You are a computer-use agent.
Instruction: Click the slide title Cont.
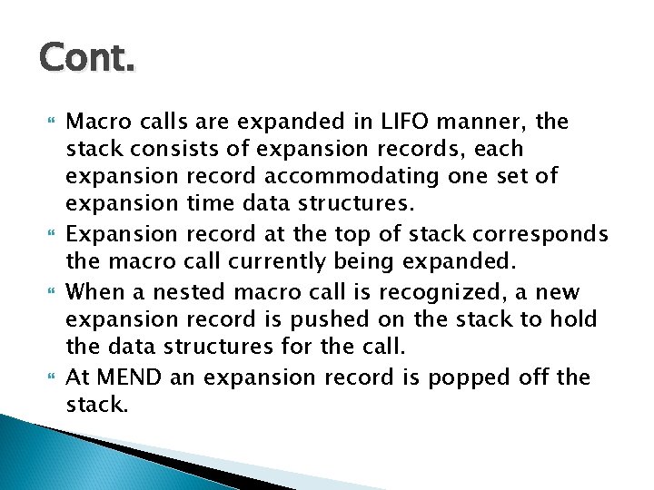87,60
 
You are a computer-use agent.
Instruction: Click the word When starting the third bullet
98,291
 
